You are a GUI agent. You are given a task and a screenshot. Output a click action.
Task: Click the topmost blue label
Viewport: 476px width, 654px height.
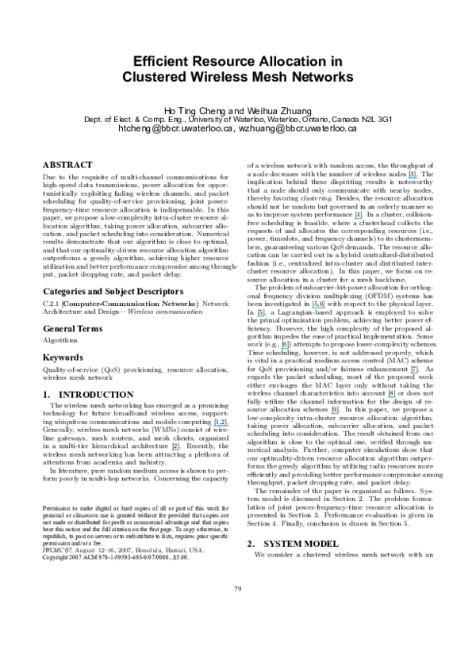(413, 178)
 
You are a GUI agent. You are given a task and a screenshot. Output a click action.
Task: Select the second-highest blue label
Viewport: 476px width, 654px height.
(358, 219)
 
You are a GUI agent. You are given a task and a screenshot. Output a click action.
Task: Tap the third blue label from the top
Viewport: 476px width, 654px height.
(318, 308)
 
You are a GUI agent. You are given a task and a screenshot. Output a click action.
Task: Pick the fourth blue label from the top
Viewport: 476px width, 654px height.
(260, 316)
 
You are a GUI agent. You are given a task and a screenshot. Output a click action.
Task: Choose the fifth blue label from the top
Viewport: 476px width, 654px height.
(285, 348)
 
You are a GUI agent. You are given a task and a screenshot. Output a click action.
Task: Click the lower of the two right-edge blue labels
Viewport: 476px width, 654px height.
(414, 373)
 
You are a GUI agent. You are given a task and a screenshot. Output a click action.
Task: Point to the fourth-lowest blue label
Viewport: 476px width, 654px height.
(391, 397)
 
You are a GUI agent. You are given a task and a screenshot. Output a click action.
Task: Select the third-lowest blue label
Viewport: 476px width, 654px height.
(334, 414)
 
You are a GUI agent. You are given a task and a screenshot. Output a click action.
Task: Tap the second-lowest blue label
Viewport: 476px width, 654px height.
(221, 426)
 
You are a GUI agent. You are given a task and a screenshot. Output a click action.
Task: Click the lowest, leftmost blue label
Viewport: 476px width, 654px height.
(175, 450)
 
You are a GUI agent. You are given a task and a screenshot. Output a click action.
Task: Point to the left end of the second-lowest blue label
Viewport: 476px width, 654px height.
(213, 426)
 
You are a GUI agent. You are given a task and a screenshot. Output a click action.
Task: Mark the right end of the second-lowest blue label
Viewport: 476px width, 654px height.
(229, 426)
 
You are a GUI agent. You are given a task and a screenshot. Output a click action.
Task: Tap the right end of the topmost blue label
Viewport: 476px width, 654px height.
(418, 178)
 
